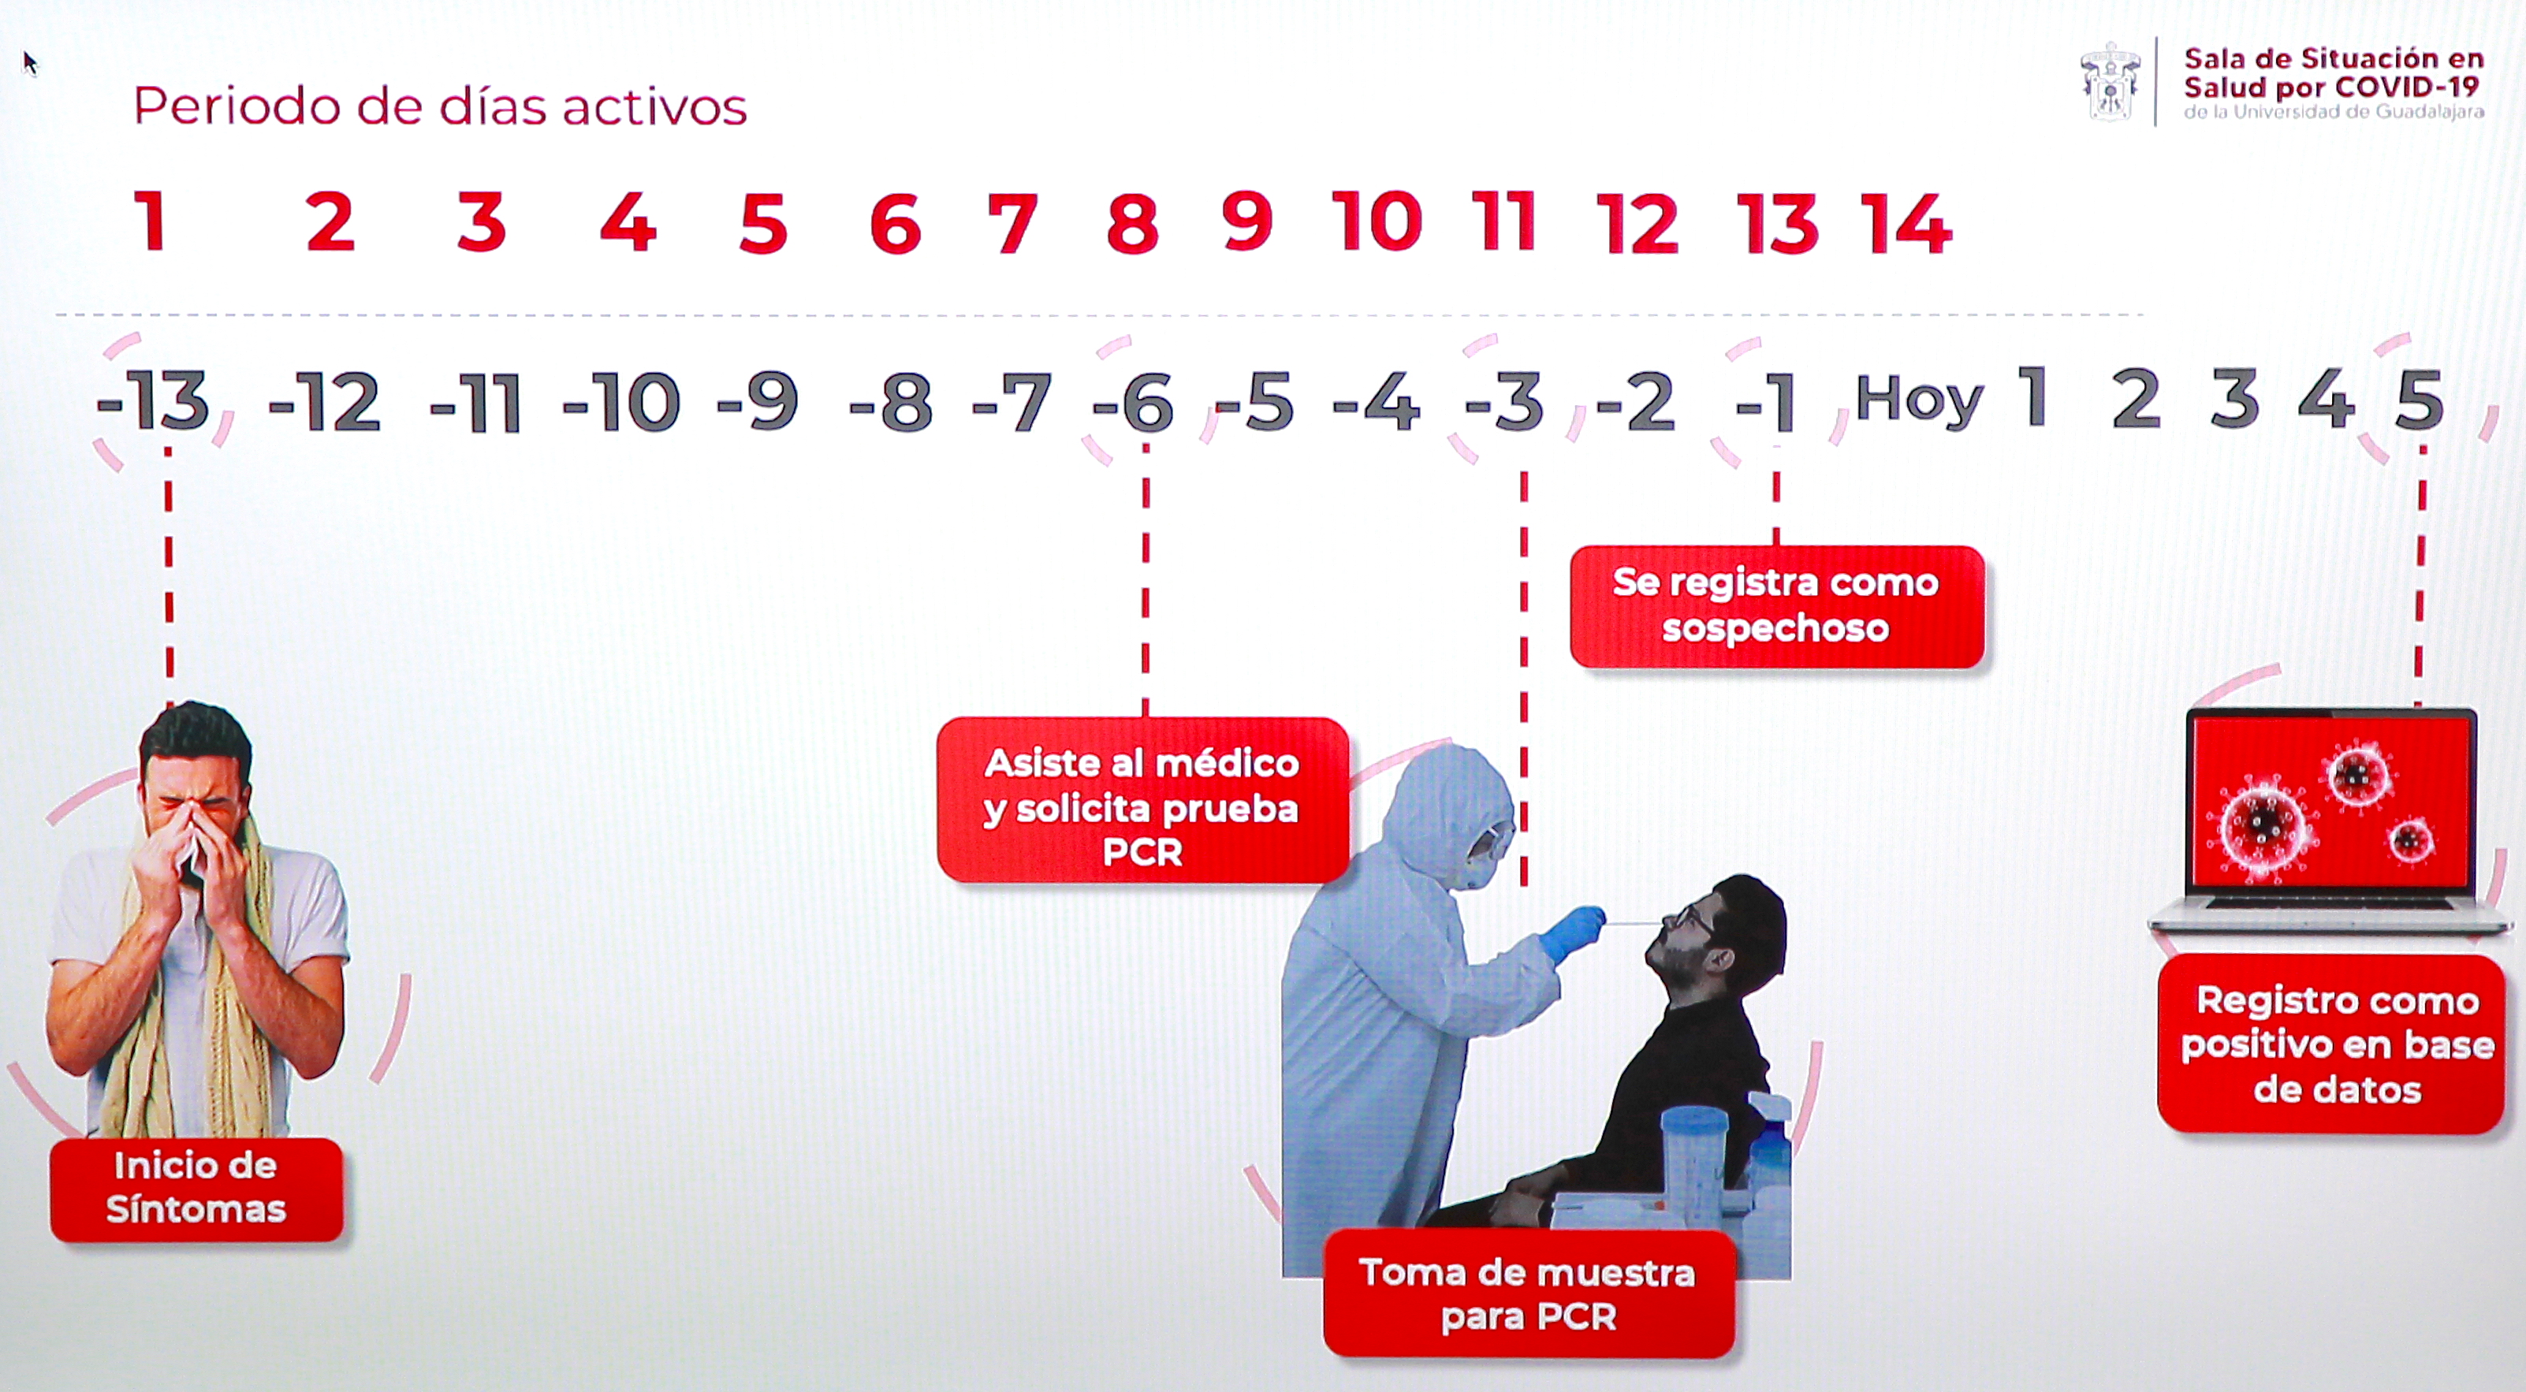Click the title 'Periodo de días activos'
point(440,106)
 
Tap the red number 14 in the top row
point(1906,225)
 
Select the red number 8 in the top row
point(1133,225)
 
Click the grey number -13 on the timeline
point(153,401)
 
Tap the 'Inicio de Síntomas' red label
point(196,1188)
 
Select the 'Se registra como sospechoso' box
point(1777,606)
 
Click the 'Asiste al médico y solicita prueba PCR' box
point(1142,800)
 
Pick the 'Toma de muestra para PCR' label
point(1528,1294)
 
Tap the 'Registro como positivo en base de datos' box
point(2338,1044)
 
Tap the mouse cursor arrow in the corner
point(29,64)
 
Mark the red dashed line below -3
point(1524,679)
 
